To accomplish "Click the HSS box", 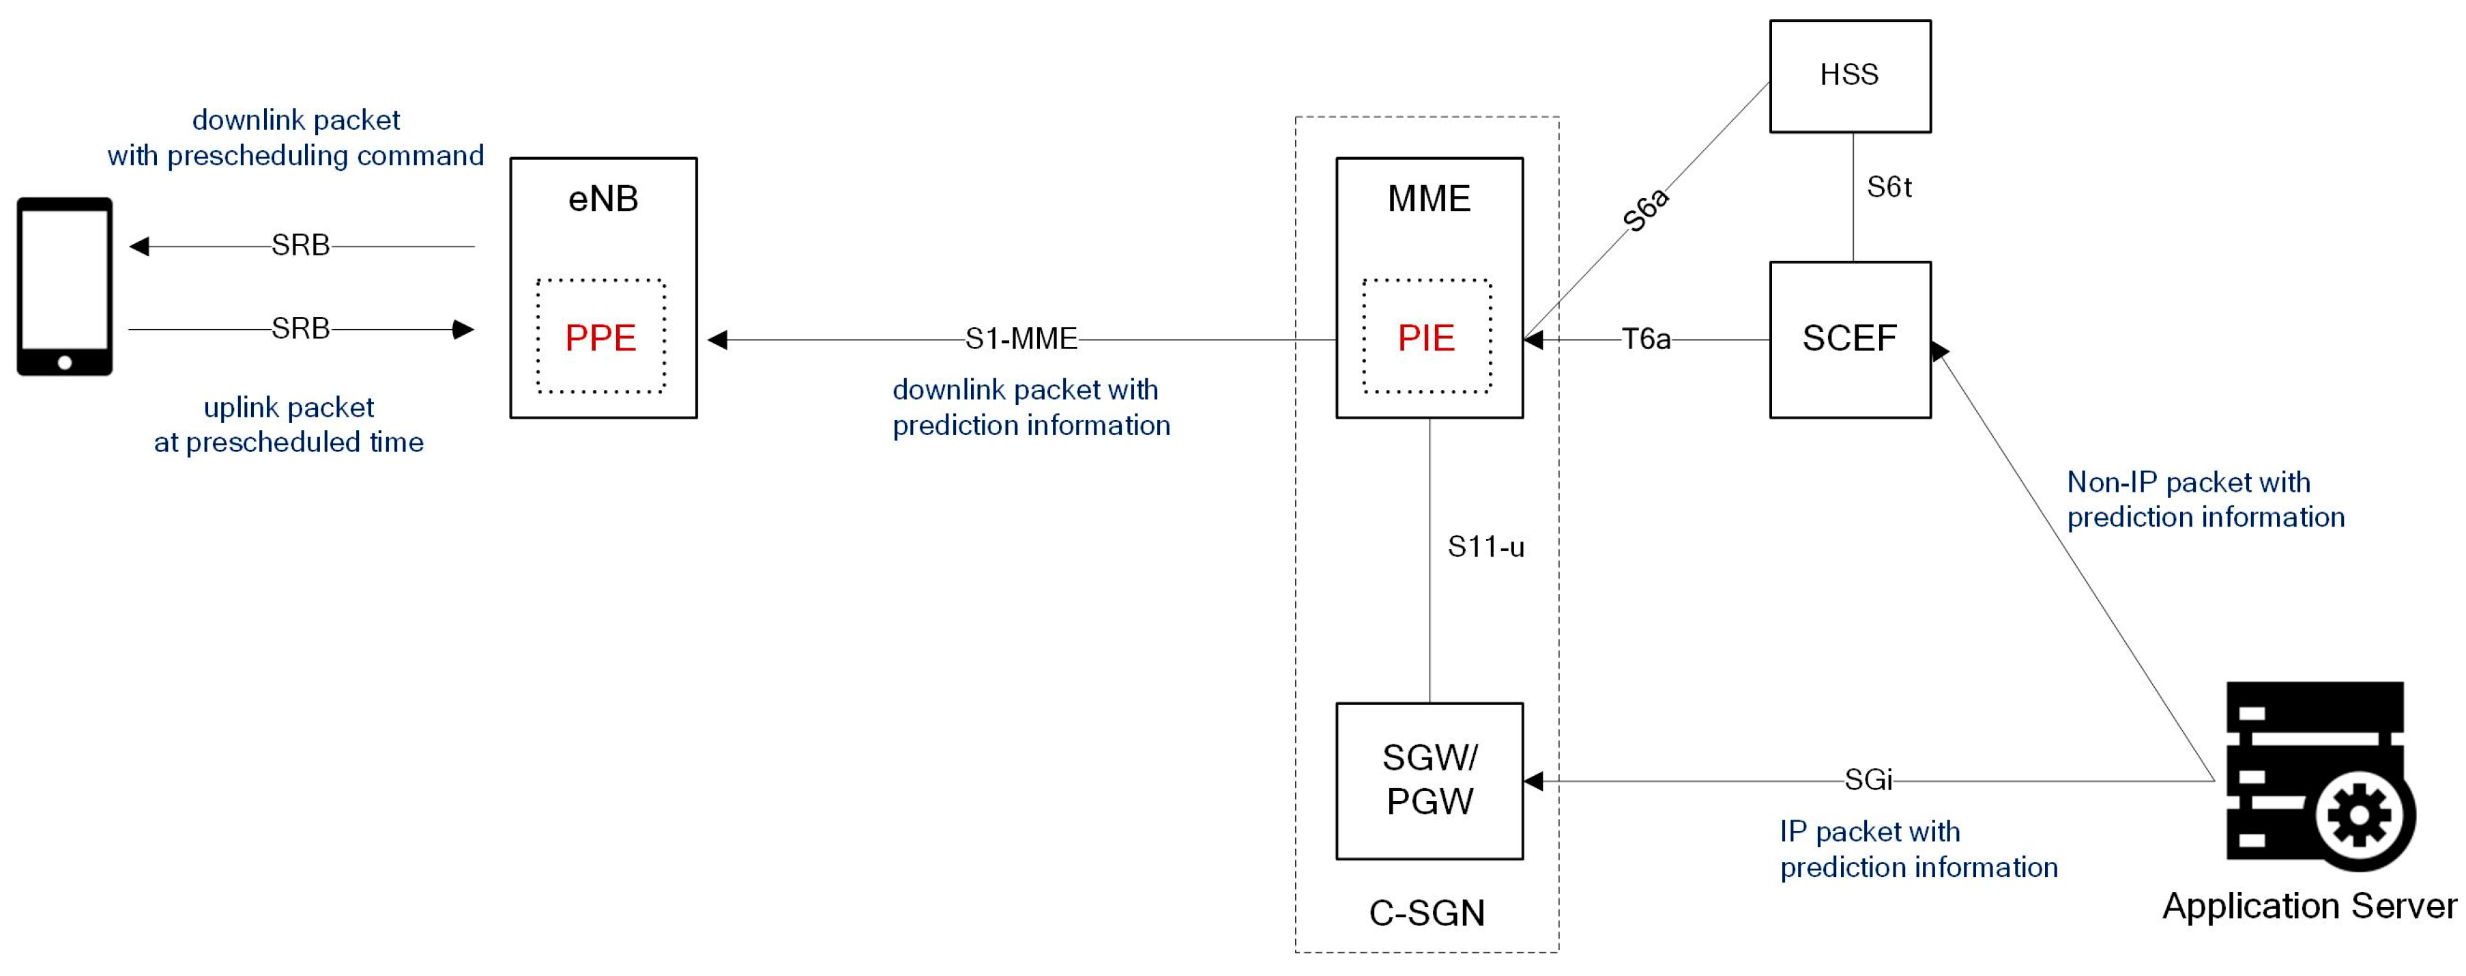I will click(1849, 76).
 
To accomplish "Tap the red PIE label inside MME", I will click(1425, 338).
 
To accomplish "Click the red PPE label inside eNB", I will click(600, 338).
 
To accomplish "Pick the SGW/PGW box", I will click(1430, 781).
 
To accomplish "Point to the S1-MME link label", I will click(1021, 339).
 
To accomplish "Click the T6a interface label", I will click(1646, 339).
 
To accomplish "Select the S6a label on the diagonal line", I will click(1647, 210).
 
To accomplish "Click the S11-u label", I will click(1485, 547).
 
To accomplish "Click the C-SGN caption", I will click(1426, 912).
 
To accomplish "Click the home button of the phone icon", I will click(64, 362).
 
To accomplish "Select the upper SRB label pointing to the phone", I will click(301, 246).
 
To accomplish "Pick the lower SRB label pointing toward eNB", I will click(301, 329).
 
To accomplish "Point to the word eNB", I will click(603, 199).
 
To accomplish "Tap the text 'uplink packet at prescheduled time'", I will click(289, 424).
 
